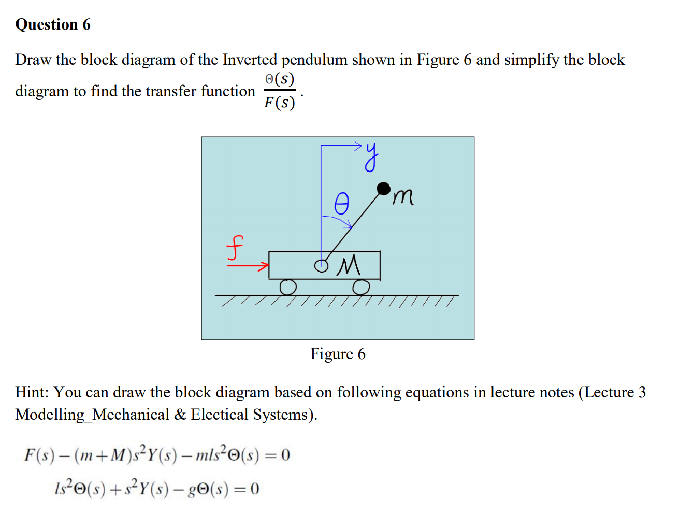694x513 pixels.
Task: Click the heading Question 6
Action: pyautogui.click(x=53, y=24)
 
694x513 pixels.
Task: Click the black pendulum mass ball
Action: pyautogui.click(x=383, y=188)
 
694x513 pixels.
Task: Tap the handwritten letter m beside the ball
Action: pyautogui.click(x=403, y=197)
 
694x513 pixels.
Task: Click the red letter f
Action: pyautogui.click(x=235, y=248)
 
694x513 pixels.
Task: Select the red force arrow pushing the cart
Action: pyautogui.click(x=249, y=266)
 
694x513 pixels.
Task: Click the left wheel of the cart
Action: pyautogui.click(x=288, y=287)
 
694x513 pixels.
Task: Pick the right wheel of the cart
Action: pyautogui.click(x=362, y=287)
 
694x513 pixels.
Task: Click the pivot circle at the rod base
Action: pyautogui.click(x=322, y=266)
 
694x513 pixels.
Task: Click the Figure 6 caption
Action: pyautogui.click(x=338, y=354)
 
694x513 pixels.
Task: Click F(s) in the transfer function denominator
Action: pyautogui.click(x=279, y=103)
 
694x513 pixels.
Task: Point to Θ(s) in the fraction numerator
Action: pyautogui.click(x=279, y=79)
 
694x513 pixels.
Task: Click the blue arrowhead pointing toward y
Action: pyautogui.click(x=358, y=145)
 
